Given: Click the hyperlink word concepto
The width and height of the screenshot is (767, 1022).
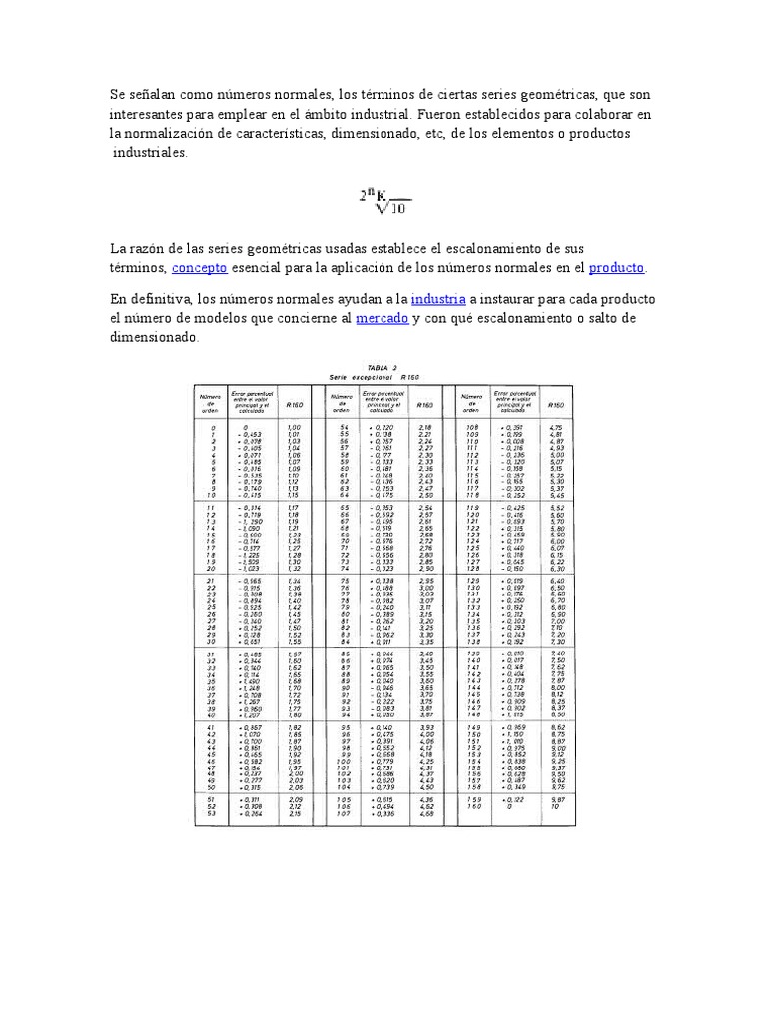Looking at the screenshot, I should [x=200, y=268].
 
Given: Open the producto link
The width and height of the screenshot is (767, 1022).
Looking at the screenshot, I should [x=616, y=268].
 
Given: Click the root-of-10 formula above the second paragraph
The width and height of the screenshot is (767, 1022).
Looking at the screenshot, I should [x=384, y=201].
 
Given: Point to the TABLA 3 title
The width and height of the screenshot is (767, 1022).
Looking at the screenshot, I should [x=382, y=368].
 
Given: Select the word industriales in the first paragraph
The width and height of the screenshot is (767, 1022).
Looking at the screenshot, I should [x=149, y=153].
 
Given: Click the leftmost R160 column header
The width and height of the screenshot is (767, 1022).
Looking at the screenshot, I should [x=295, y=405].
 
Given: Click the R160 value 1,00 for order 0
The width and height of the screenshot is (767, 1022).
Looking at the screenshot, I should [x=294, y=427].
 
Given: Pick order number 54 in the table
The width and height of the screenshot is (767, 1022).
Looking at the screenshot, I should [x=343, y=427].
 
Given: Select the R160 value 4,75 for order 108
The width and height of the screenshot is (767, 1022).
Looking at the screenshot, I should [x=557, y=427].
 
